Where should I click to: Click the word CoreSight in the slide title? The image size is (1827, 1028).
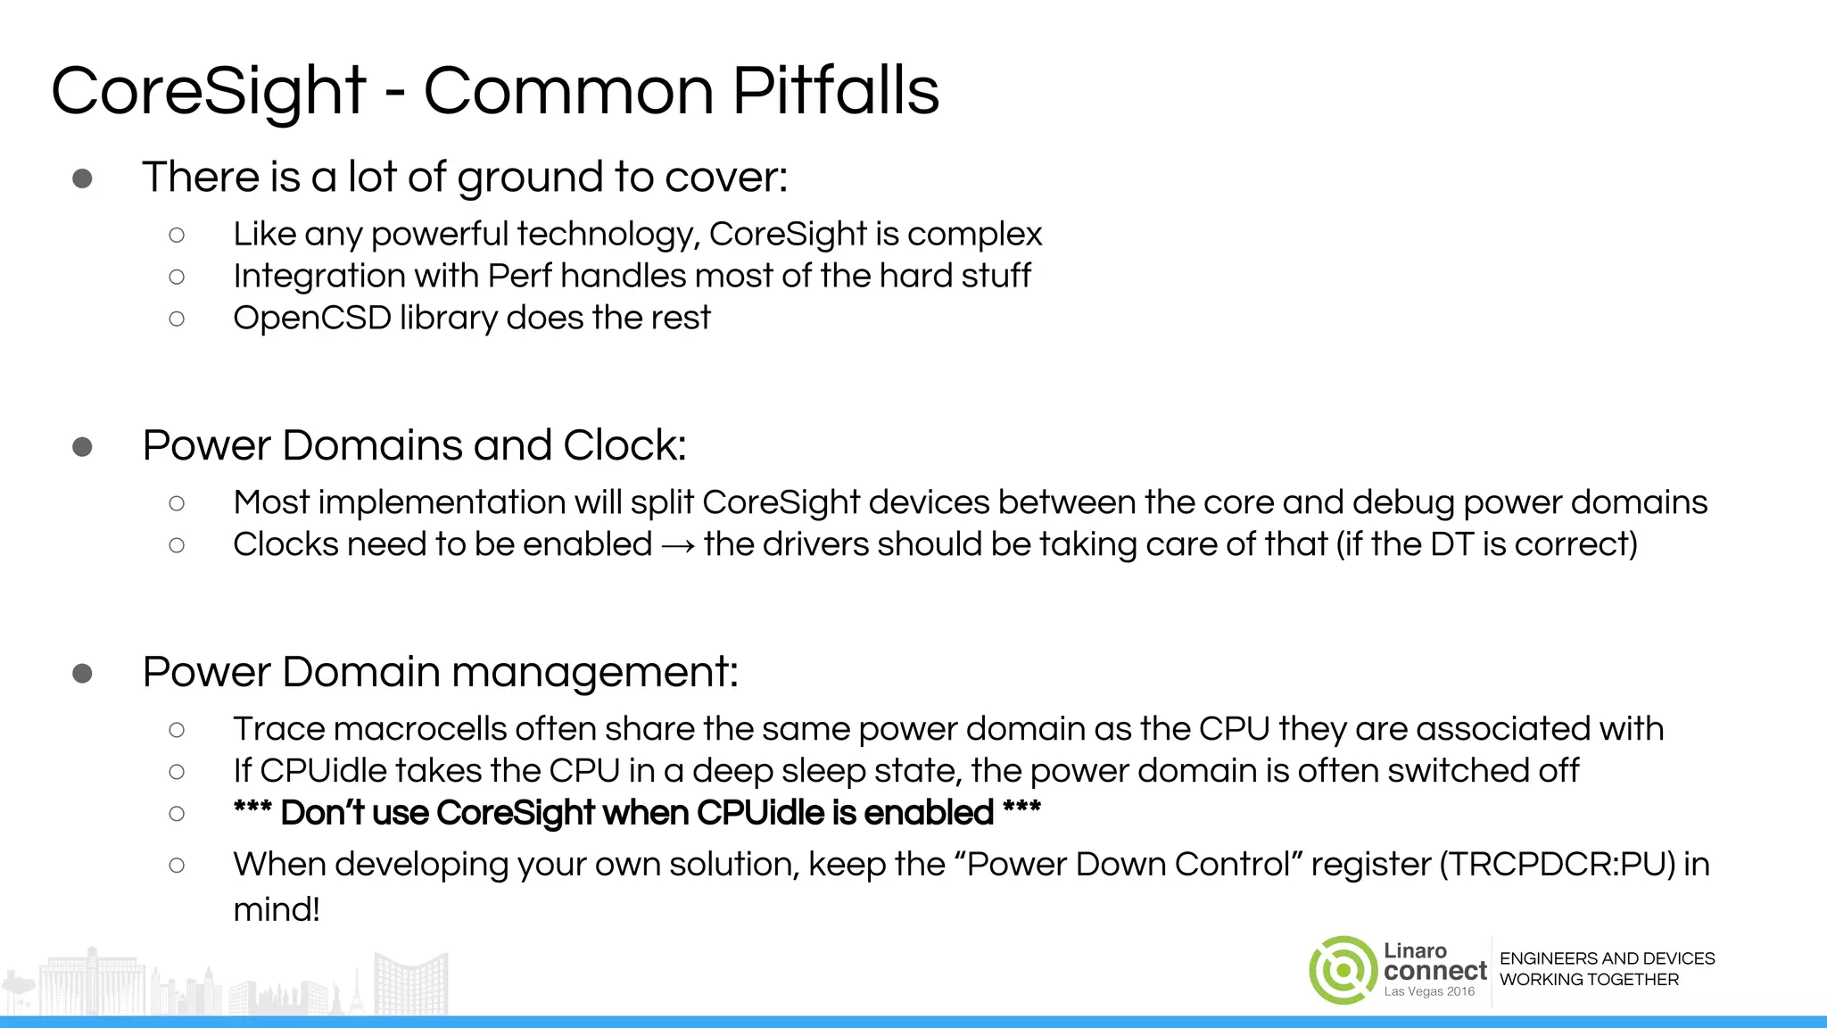click(x=208, y=91)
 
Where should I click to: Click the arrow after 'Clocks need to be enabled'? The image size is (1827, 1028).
click(x=678, y=545)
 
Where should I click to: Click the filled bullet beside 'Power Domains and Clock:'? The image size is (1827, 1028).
click(x=82, y=446)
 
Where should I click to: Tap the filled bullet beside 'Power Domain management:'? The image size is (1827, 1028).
click(x=82, y=673)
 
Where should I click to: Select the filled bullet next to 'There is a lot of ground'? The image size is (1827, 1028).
click(x=82, y=178)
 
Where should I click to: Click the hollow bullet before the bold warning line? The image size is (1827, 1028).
click(x=177, y=814)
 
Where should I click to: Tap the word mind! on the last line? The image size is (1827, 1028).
click(x=277, y=910)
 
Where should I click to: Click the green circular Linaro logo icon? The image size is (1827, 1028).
click(x=1342, y=970)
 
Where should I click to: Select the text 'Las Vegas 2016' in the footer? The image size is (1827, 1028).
click(x=1429, y=992)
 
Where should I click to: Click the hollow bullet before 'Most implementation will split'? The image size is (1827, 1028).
click(x=177, y=503)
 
